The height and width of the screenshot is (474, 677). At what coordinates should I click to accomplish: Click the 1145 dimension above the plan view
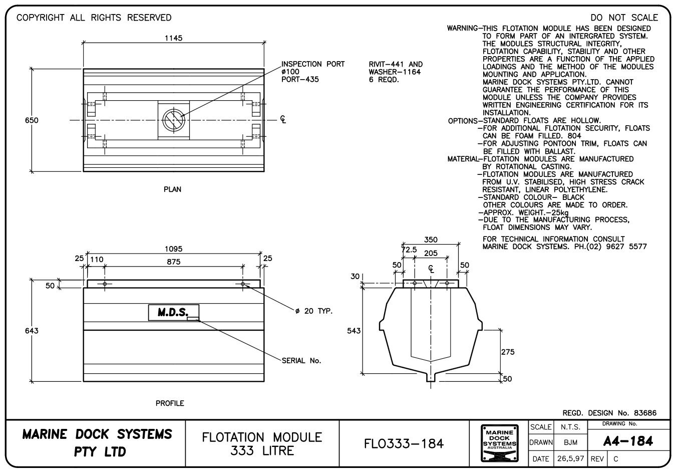[x=173, y=38]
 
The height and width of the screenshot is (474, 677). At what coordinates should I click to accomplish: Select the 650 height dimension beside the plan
[x=32, y=120]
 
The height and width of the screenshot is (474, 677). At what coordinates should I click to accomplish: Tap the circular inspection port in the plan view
[x=174, y=120]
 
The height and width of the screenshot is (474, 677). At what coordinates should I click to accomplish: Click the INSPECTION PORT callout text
[x=313, y=64]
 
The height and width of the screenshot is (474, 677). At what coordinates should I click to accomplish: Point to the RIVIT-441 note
[x=395, y=64]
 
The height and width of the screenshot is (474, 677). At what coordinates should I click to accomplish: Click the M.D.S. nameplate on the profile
[x=173, y=313]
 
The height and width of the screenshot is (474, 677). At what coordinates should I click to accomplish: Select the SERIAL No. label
[x=301, y=360]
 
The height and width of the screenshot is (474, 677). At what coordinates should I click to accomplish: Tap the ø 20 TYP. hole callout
[x=314, y=311]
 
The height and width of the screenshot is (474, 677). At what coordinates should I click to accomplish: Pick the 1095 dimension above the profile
[x=173, y=249]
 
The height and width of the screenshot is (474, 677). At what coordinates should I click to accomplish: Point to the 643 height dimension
[x=32, y=331]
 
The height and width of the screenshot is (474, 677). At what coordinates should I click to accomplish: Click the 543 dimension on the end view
[x=354, y=331]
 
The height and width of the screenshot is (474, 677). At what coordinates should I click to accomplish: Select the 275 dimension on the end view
[x=508, y=352]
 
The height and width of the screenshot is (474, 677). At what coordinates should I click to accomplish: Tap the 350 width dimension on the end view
[x=431, y=240]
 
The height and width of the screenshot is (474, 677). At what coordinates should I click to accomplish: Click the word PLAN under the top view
[x=172, y=189]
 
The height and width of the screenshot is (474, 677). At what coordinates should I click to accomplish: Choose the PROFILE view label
[x=170, y=403]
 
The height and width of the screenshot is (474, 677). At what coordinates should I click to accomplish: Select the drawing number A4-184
[x=628, y=441]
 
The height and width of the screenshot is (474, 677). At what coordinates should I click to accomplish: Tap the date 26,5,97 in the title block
[x=571, y=458]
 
